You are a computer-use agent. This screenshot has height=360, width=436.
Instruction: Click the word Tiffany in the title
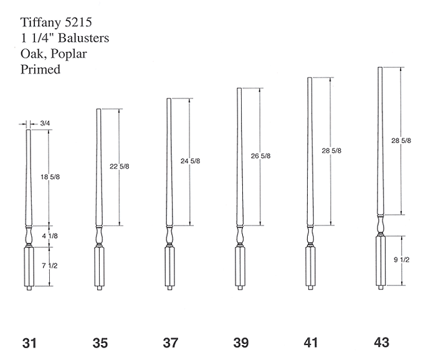point(41,23)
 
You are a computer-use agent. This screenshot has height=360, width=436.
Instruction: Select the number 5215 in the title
point(78,22)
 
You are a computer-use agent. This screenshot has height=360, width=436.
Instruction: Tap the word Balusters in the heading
point(83,38)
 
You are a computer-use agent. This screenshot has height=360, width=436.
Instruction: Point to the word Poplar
point(69,54)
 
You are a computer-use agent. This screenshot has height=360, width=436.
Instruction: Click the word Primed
point(40,69)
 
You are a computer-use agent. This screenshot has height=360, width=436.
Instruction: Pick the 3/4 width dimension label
point(45,123)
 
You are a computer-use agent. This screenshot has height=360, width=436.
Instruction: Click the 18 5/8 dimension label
point(50,177)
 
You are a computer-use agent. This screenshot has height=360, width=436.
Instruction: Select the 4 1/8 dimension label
point(50,236)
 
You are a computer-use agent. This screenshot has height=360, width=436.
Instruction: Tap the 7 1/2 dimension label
point(50,266)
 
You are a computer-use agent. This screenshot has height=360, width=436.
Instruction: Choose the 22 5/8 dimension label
point(120,166)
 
